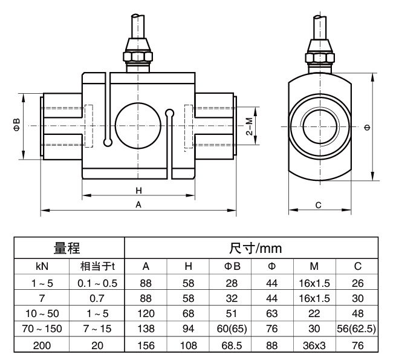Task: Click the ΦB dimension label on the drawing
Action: (x=17, y=126)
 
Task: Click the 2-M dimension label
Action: (x=248, y=126)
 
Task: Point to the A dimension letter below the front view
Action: (x=138, y=205)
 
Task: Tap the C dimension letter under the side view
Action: (x=319, y=205)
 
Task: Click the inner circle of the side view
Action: (x=319, y=126)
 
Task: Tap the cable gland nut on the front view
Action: (x=138, y=56)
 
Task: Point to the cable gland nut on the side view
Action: (x=319, y=56)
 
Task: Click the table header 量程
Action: (x=68, y=248)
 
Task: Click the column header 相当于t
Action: (x=97, y=266)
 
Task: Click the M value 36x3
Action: (x=314, y=346)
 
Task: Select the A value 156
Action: (x=146, y=346)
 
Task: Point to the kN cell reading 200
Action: (x=42, y=346)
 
